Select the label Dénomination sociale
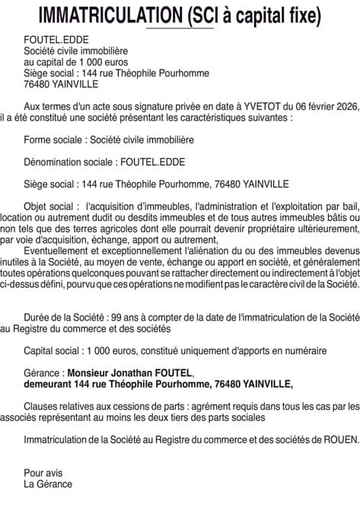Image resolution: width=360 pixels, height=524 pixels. coord(69,162)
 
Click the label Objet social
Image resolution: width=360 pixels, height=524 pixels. coord(51,206)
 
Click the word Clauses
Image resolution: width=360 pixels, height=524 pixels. coord(42,407)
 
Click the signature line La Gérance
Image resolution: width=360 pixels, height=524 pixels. coord(48,484)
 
